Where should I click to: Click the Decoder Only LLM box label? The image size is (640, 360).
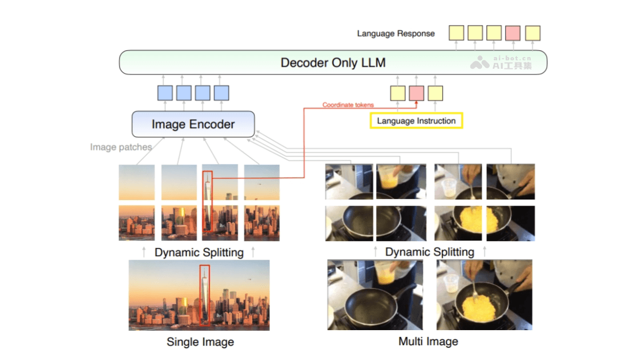333,62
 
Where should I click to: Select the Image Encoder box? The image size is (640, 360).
193,124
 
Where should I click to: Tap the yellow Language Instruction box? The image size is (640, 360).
416,121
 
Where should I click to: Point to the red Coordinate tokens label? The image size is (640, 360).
348,105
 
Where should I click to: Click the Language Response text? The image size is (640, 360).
396,34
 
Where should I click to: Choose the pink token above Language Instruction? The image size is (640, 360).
417,93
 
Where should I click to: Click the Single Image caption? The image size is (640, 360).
200,342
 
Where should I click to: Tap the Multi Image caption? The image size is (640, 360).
428,341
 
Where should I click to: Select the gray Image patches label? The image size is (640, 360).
121,147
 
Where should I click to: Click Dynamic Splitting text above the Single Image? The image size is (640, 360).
199,252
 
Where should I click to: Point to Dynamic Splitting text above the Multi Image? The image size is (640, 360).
429,252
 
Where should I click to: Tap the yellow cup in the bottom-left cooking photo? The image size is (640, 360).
386,274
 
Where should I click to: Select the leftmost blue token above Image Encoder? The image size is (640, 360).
165,93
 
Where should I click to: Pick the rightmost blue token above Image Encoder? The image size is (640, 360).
221,93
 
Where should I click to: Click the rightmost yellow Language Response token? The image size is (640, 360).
532,33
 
